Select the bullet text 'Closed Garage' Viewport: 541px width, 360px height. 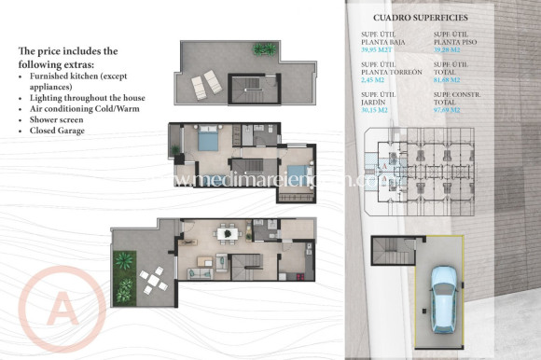click(x=57, y=131)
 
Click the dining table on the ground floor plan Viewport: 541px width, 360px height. click(x=226, y=234)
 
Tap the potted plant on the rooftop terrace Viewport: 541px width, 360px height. click(x=265, y=48)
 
